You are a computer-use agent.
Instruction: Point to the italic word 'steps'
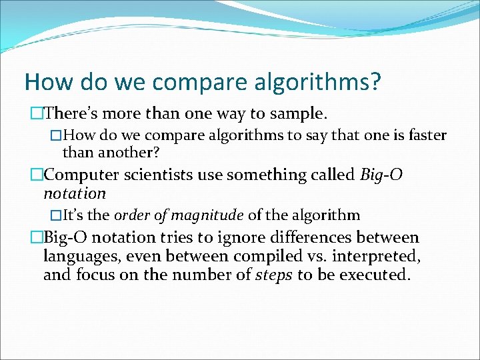pos(274,275)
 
